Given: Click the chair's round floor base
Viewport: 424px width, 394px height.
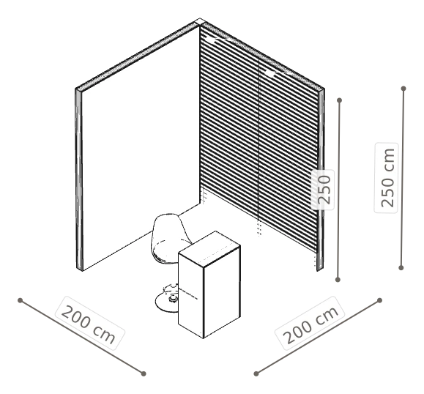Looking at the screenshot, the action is coord(165,302).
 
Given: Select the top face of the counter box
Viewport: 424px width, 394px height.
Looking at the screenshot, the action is coord(209,246).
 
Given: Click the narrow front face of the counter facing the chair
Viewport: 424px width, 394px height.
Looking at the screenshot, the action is coord(190,294).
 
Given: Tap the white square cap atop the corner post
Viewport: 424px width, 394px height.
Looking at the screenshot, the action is coord(200,21).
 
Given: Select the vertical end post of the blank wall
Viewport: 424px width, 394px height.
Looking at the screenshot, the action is coord(78,180).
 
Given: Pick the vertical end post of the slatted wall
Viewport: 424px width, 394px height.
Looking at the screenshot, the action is coord(321,180).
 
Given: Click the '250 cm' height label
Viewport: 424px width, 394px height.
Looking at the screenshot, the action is coord(386,178).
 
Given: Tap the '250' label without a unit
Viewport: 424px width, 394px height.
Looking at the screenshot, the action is coord(323,189).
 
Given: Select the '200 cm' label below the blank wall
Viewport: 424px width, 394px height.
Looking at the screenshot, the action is coord(89,323).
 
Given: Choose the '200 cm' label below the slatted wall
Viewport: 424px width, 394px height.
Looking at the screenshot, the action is coord(310,323).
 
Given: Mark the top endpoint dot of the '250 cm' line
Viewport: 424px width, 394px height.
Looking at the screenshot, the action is coord(403,89).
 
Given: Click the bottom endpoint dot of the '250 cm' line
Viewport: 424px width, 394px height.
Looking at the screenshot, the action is coord(401,268).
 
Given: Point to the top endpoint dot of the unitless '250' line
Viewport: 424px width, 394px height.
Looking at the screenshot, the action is coord(340,100).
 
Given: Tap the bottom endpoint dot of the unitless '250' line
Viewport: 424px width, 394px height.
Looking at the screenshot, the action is coord(338,280).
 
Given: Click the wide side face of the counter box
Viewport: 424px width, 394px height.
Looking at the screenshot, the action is coord(222,292).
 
